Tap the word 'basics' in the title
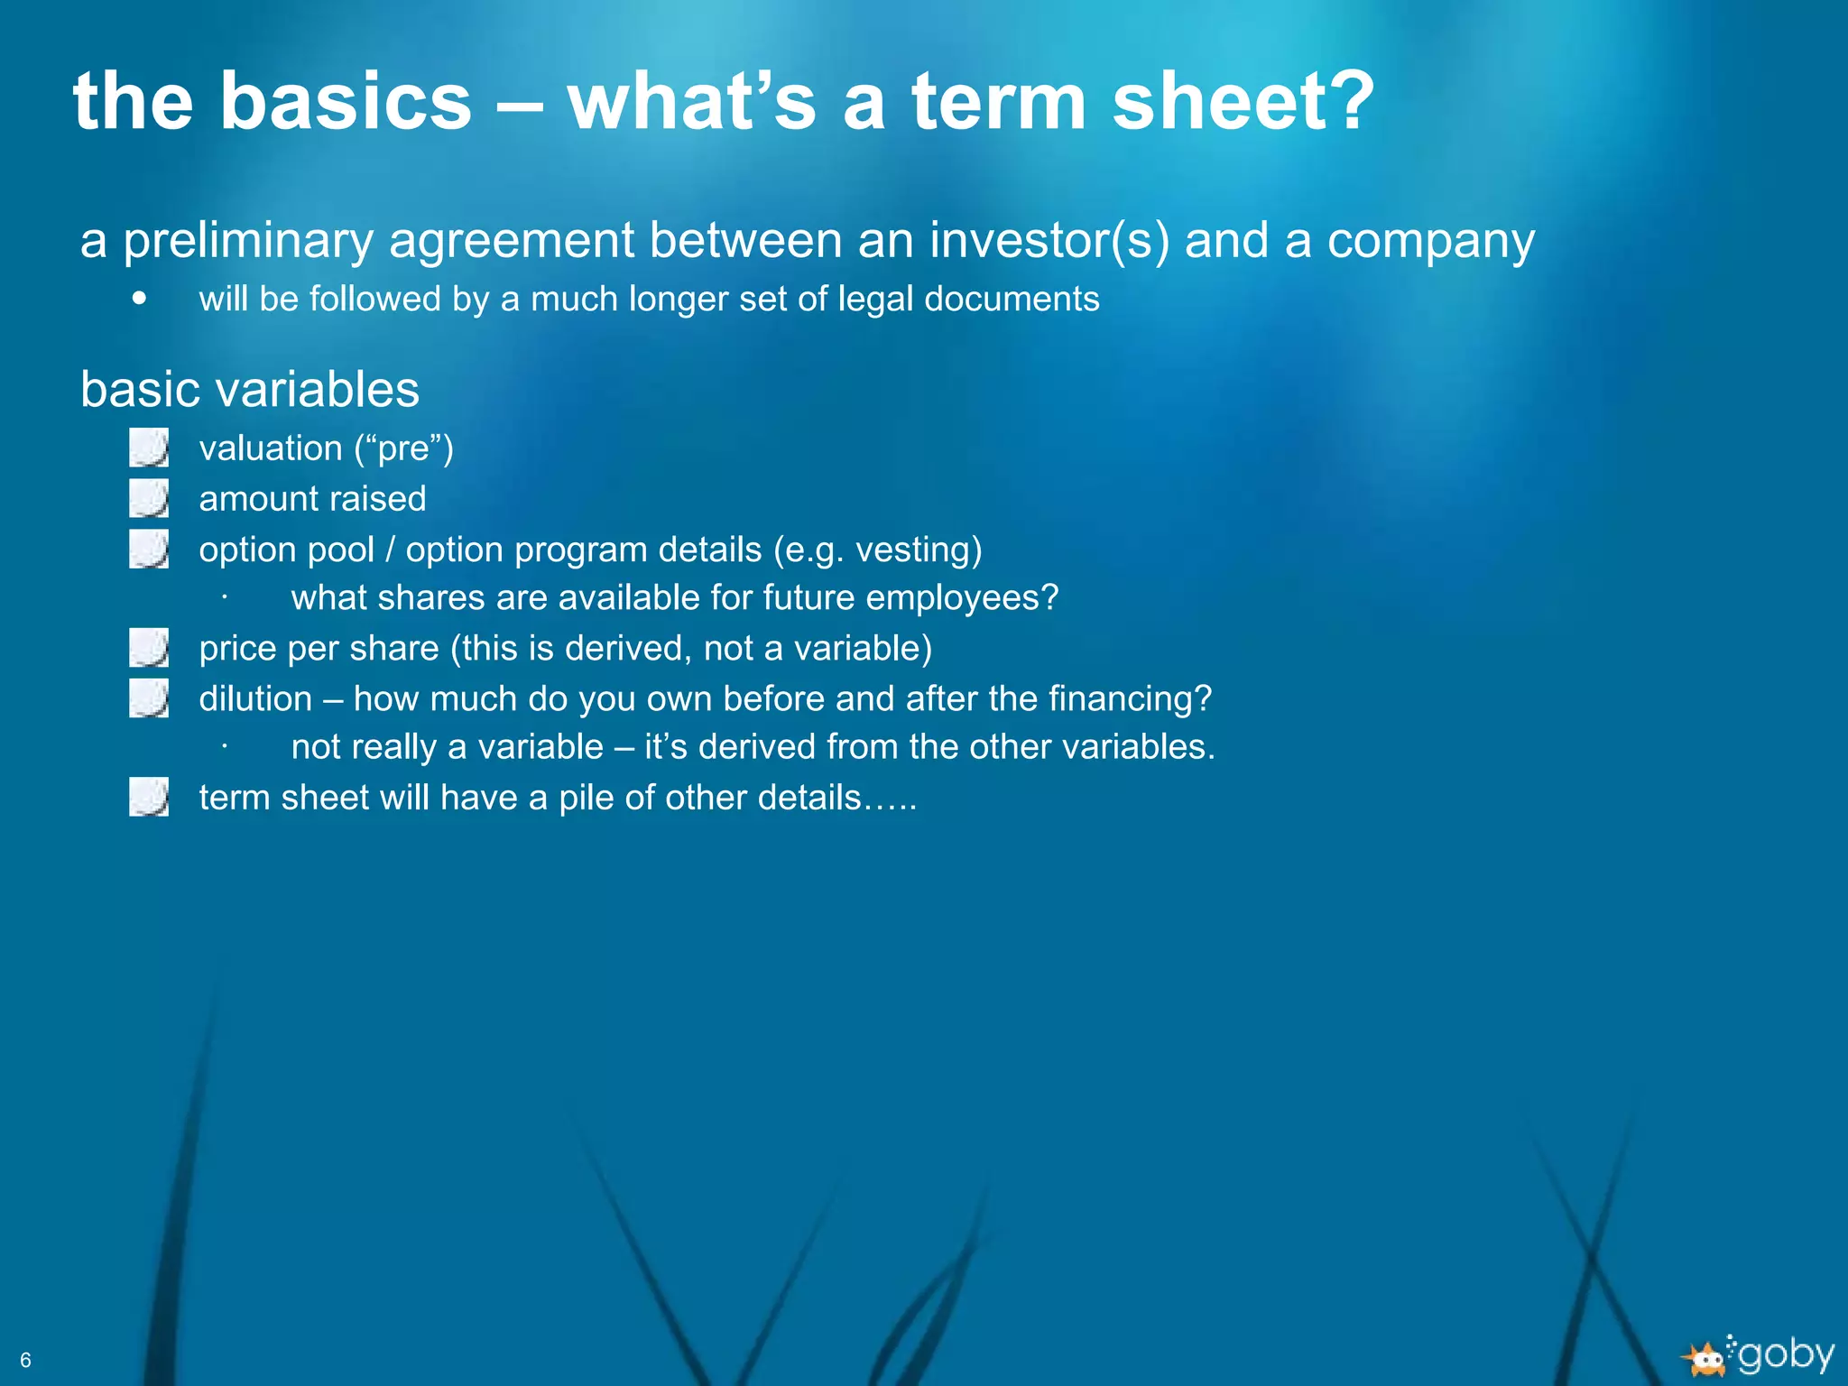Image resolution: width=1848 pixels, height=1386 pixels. click(346, 101)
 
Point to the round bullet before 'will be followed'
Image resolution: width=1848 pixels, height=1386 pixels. click(139, 298)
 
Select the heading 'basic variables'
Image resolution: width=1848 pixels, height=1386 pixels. click(250, 390)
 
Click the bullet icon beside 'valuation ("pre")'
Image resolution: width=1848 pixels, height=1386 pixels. click(149, 448)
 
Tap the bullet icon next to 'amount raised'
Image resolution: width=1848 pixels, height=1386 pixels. click(149, 498)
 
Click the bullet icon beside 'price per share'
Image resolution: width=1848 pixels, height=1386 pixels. click(149, 648)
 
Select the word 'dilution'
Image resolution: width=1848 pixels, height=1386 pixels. click(255, 699)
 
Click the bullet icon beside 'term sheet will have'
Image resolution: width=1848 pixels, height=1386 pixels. click(149, 798)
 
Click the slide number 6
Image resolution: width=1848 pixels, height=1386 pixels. click(25, 1360)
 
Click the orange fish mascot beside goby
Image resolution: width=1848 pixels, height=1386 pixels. click(1705, 1359)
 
